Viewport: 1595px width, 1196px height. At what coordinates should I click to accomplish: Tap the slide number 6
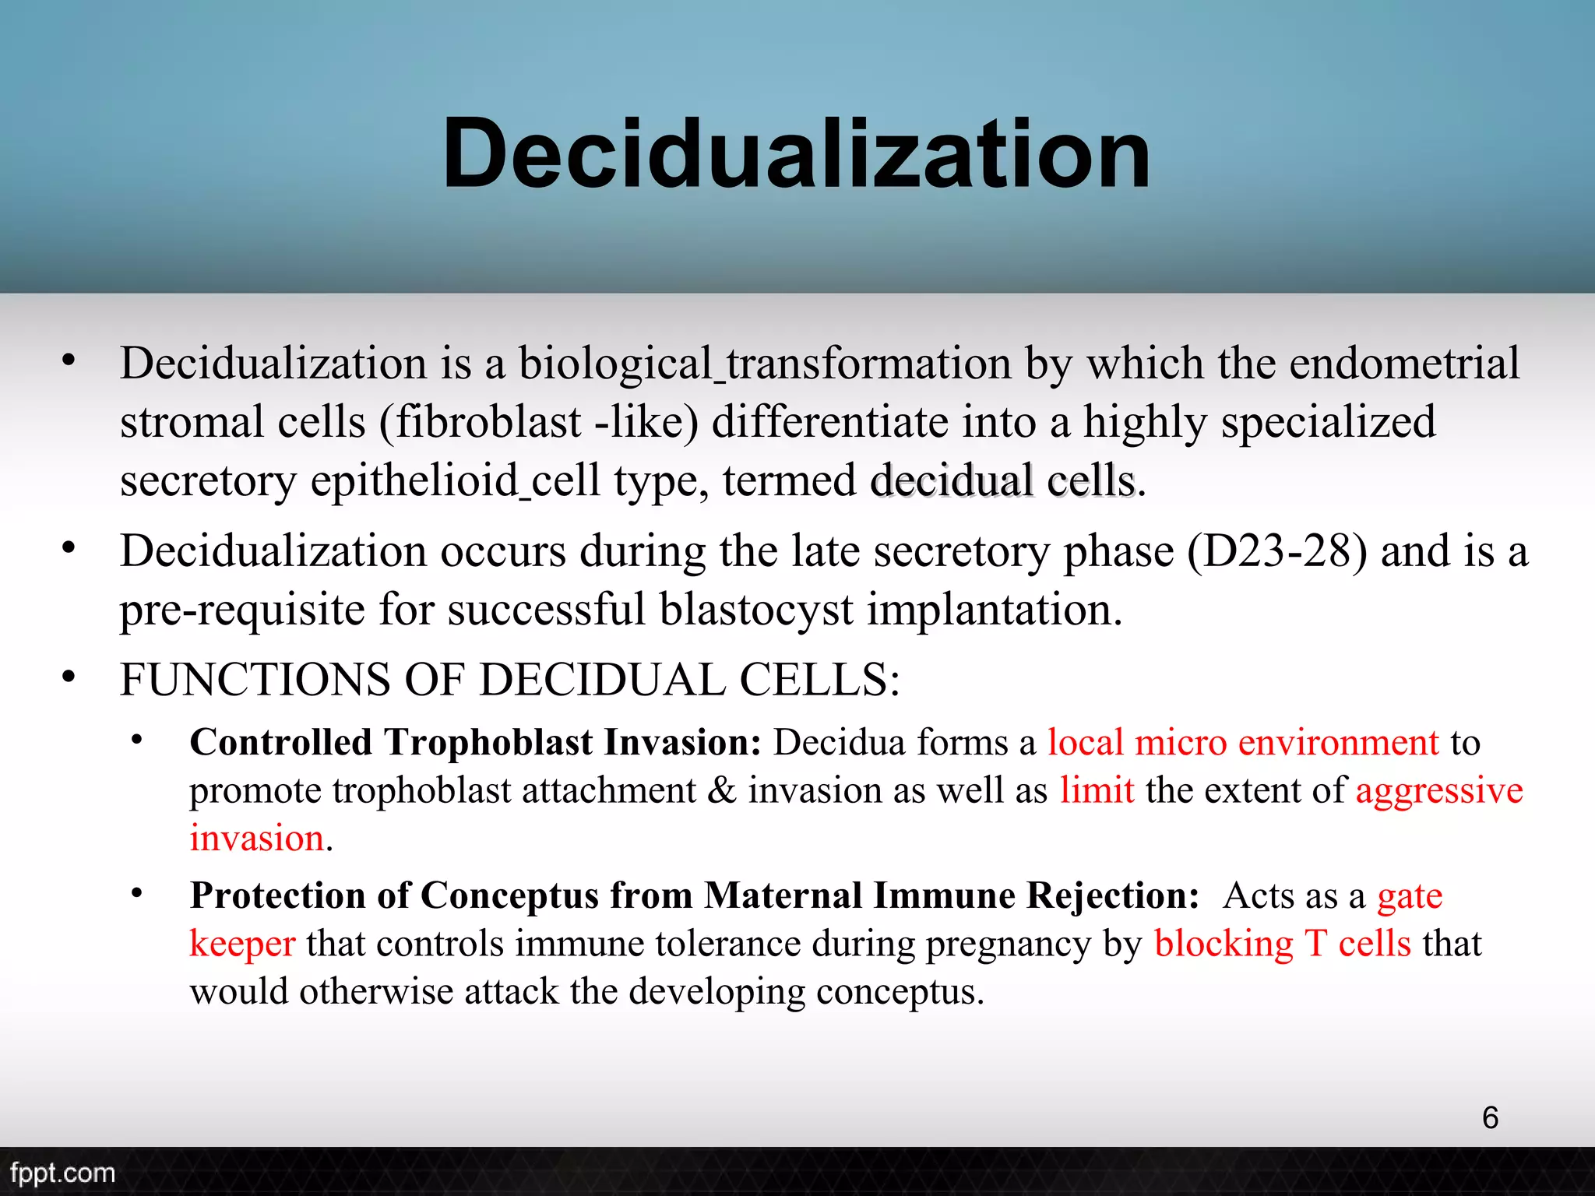point(1490,1117)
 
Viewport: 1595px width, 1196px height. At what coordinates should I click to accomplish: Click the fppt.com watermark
point(62,1173)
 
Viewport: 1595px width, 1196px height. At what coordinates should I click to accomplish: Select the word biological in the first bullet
point(615,364)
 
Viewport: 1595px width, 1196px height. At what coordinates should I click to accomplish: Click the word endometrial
point(1403,363)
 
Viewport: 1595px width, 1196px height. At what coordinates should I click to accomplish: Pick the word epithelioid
point(414,481)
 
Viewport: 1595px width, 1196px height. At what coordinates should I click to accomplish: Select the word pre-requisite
point(242,610)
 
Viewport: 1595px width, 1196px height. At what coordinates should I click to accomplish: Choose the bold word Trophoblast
point(488,743)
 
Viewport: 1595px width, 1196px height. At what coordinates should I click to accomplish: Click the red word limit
point(1097,791)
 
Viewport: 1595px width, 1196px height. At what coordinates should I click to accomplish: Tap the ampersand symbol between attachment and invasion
point(722,791)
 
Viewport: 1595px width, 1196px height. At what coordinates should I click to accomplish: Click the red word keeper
point(242,944)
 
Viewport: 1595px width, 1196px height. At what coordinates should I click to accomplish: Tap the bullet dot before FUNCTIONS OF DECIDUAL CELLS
point(69,677)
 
